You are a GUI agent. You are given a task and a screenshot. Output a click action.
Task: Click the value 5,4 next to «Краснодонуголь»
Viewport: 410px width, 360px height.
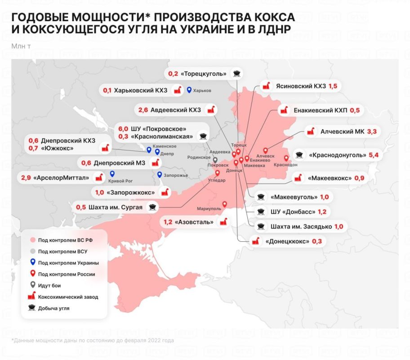point(374,155)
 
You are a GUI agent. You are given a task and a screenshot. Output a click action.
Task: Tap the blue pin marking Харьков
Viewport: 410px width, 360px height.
point(189,90)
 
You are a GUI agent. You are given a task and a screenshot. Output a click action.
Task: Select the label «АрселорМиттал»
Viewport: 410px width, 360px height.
point(61,178)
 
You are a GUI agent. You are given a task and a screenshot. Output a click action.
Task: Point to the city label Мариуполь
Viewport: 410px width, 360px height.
point(209,209)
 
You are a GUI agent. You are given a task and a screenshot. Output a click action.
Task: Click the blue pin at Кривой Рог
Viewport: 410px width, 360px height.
point(112,174)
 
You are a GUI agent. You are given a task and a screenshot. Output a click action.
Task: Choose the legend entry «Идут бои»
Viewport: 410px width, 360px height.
point(49,285)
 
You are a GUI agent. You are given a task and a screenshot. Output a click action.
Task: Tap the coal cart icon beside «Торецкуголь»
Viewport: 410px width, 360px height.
point(235,73)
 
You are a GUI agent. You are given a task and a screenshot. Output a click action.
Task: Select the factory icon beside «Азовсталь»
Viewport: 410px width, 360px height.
point(222,222)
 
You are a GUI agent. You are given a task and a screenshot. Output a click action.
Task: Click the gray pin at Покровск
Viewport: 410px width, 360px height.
point(215,160)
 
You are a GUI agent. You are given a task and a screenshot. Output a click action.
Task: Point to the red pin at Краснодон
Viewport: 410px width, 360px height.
point(286,158)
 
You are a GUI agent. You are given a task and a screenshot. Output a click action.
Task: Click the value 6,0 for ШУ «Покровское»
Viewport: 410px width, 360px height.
point(123,128)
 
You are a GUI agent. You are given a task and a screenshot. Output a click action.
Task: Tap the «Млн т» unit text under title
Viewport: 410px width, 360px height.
point(21,45)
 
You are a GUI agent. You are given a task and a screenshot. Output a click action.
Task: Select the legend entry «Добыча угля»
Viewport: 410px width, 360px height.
point(54,309)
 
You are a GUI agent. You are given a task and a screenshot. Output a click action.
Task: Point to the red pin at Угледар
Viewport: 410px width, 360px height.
point(218,173)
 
